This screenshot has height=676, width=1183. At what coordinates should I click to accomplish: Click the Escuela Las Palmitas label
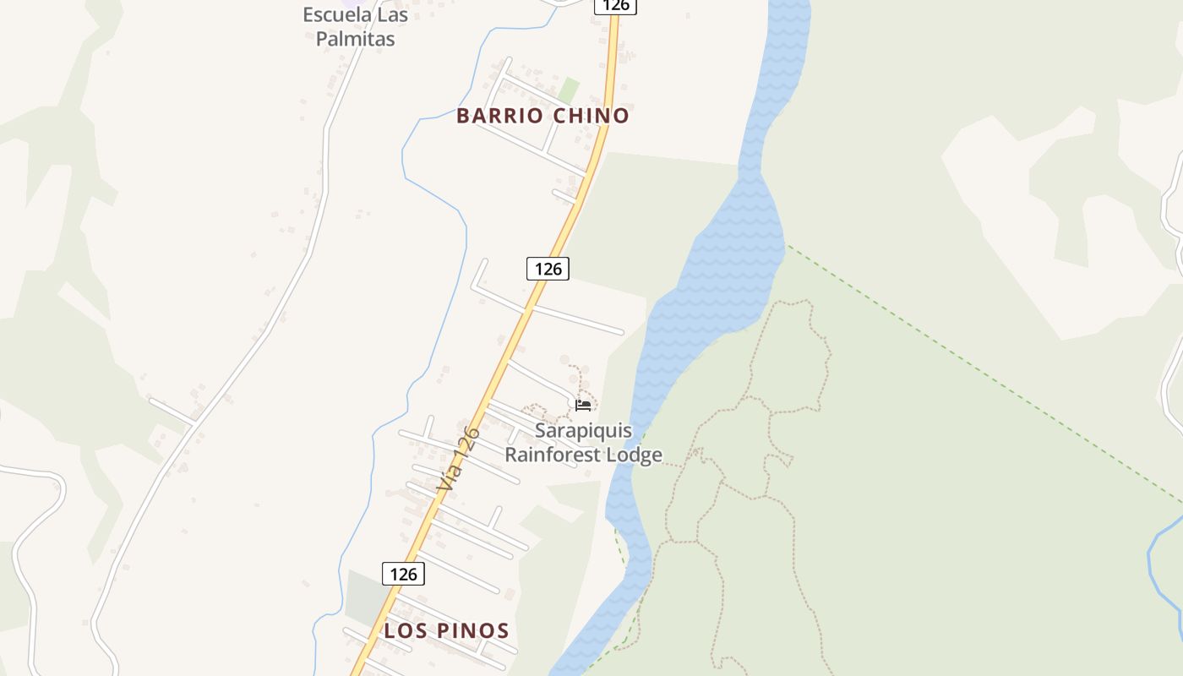[x=355, y=26]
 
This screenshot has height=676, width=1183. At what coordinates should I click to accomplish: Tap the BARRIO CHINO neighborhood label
[x=542, y=116]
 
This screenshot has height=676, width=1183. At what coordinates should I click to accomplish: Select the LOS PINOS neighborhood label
[x=446, y=630]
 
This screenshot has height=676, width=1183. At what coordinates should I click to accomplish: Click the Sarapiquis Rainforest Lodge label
[x=583, y=443]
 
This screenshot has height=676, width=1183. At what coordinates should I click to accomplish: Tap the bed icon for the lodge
[x=583, y=406]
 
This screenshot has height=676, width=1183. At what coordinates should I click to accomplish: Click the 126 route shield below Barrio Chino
[x=548, y=269]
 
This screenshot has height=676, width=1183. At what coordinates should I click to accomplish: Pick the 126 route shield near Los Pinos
[x=403, y=574]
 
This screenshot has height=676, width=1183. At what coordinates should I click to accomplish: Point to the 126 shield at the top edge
[x=615, y=6]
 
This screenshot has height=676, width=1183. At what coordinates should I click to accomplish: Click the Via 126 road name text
[x=459, y=461]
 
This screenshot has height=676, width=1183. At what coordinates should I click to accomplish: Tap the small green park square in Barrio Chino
[x=569, y=90]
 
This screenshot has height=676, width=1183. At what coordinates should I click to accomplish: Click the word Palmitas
[x=355, y=38]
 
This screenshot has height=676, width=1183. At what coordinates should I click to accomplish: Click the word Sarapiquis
[x=583, y=430]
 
